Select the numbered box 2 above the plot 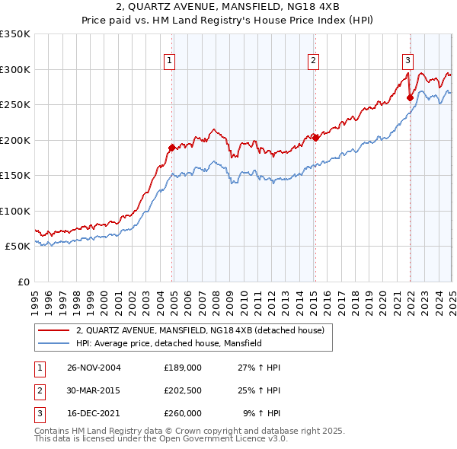(313, 62)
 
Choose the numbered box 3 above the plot (407, 62)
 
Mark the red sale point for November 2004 (172, 147)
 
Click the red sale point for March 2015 (315, 138)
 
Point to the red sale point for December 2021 (410, 97)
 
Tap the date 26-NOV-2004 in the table (94, 368)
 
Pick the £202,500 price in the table (183, 390)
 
